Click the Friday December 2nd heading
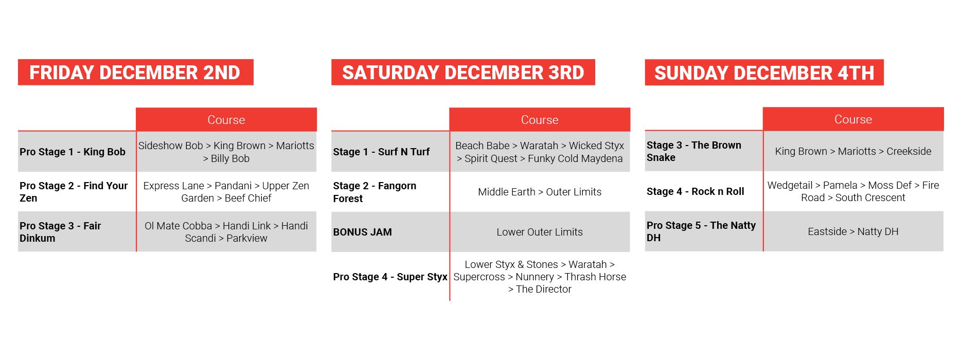pos(135,73)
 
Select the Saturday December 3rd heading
pos(463,73)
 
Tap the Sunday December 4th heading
pos(764,73)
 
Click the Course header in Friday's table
pos(226,120)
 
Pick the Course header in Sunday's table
pos(853,119)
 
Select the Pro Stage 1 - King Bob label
pos(73,152)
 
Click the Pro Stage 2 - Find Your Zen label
pos(74,192)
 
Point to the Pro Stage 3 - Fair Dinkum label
pos(60,232)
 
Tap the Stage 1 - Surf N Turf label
pos(381,152)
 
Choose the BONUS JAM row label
pos(362,232)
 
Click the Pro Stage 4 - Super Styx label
pos(390,277)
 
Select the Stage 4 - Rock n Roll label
pos(696,191)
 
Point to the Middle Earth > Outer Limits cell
pos(540,192)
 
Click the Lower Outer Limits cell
pos(540,232)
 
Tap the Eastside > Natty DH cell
pos(853,231)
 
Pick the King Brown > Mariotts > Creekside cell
pos(853,151)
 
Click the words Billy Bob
pos(230,158)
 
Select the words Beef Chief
pos(248,198)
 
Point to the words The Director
pos(544,289)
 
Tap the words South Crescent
pos(870,197)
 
